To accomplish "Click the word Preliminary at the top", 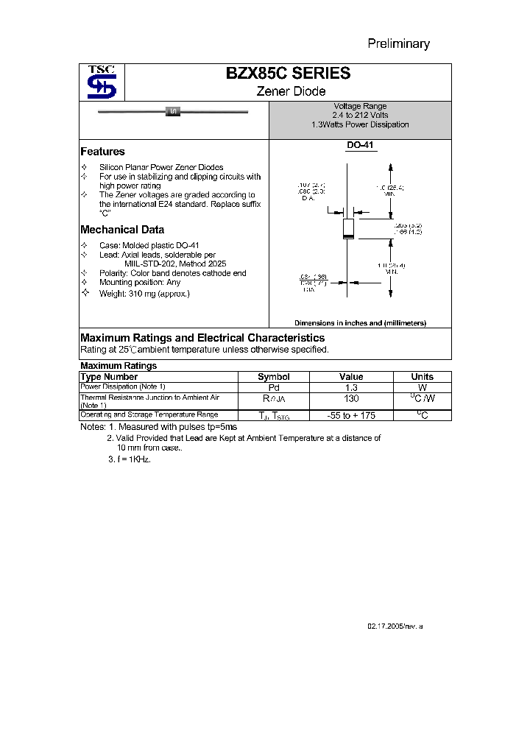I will point(398,43).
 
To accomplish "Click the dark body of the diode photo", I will point(173,111).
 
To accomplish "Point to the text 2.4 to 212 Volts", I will point(360,116).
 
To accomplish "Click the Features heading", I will point(102,151).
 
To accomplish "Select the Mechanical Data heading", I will point(121,229).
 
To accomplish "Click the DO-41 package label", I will point(360,146).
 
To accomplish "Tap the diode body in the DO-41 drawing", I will point(349,228).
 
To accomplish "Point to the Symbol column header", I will point(273,376).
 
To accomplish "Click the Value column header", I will point(351,376).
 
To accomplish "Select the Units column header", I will point(422,376).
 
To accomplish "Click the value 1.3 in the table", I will point(351,386).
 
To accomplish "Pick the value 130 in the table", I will point(351,398).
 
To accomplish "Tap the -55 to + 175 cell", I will point(351,415).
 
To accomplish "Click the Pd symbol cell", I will point(273,386).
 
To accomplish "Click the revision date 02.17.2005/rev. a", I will point(395,625).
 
